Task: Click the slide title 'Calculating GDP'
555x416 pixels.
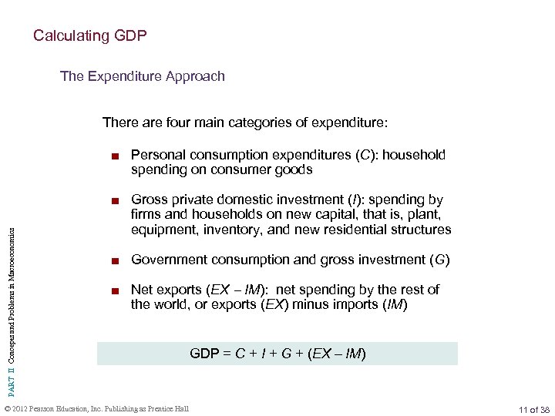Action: (89, 35)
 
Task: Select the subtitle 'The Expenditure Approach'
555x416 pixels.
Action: (143, 76)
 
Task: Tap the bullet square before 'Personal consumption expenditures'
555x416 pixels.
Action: (114, 156)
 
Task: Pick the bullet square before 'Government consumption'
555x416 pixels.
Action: (114, 260)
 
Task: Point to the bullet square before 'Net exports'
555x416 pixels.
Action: (114, 290)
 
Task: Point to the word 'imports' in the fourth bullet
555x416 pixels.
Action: (355, 304)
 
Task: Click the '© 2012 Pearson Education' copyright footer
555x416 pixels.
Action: (96, 408)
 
